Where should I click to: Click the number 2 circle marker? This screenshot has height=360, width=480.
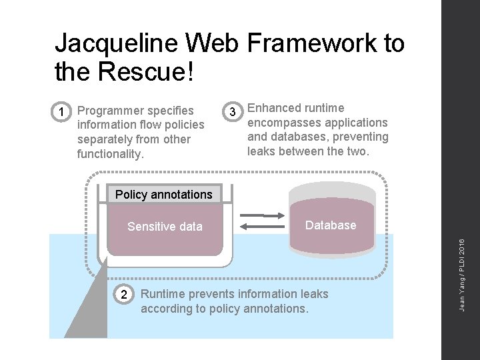pos(123,294)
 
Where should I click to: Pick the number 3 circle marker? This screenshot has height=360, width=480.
pos(232,111)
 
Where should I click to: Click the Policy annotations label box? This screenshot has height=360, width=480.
pos(164,195)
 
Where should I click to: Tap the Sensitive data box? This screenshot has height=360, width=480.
pos(165,230)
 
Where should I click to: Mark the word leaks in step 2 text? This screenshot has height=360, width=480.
pos(312,294)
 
